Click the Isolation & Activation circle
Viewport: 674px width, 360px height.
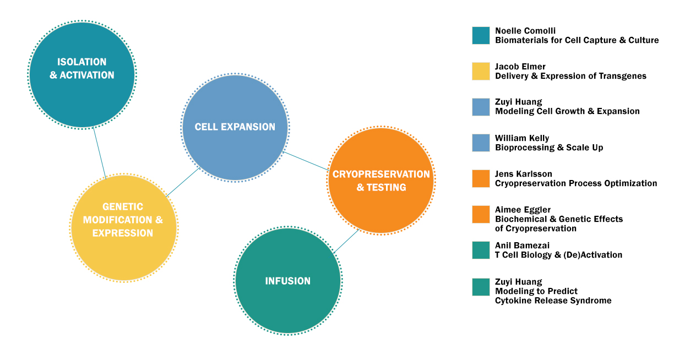81,75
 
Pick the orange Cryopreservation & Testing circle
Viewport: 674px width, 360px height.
381,181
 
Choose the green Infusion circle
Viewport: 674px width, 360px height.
287,281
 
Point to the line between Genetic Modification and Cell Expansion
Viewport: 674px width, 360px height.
182,182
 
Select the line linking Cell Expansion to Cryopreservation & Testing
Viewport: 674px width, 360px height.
306,161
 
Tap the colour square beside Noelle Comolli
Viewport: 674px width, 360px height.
481,36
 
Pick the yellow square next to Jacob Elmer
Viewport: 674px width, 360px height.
481,72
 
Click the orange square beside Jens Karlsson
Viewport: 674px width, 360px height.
481,179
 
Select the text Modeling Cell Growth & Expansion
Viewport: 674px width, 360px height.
567,111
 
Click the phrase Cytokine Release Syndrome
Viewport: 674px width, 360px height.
553,301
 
